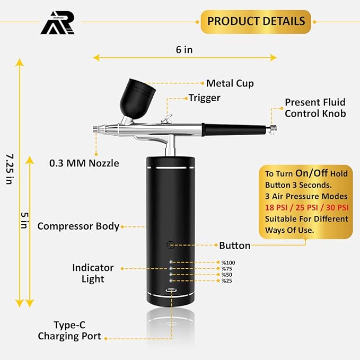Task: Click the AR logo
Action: [x=58, y=23]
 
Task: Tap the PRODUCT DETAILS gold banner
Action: [x=256, y=22]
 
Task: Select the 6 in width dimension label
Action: [x=184, y=50]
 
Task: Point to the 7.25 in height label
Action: [x=10, y=169]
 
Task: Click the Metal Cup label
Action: [x=230, y=83]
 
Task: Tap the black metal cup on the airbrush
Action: [x=137, y=98]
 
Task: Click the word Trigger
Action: [x=204, y=98]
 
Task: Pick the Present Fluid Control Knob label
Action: [x=315, y=108]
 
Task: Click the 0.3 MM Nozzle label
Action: [x=84, y=163]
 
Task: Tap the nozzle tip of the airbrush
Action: [x=96, y=128]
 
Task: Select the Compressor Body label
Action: [x=78, y=226]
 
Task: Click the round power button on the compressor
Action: [x=170, y=245]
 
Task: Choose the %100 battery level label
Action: [x=228, y=262]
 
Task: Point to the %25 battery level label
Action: [x=226, y=280]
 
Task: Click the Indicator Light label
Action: [x=93, y=273]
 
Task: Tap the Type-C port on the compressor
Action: [x=171, y=290]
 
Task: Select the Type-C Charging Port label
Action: [x=69, y=330]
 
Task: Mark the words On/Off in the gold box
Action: [x=311, y=173]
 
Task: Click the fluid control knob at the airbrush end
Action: [x=273, y=129]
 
